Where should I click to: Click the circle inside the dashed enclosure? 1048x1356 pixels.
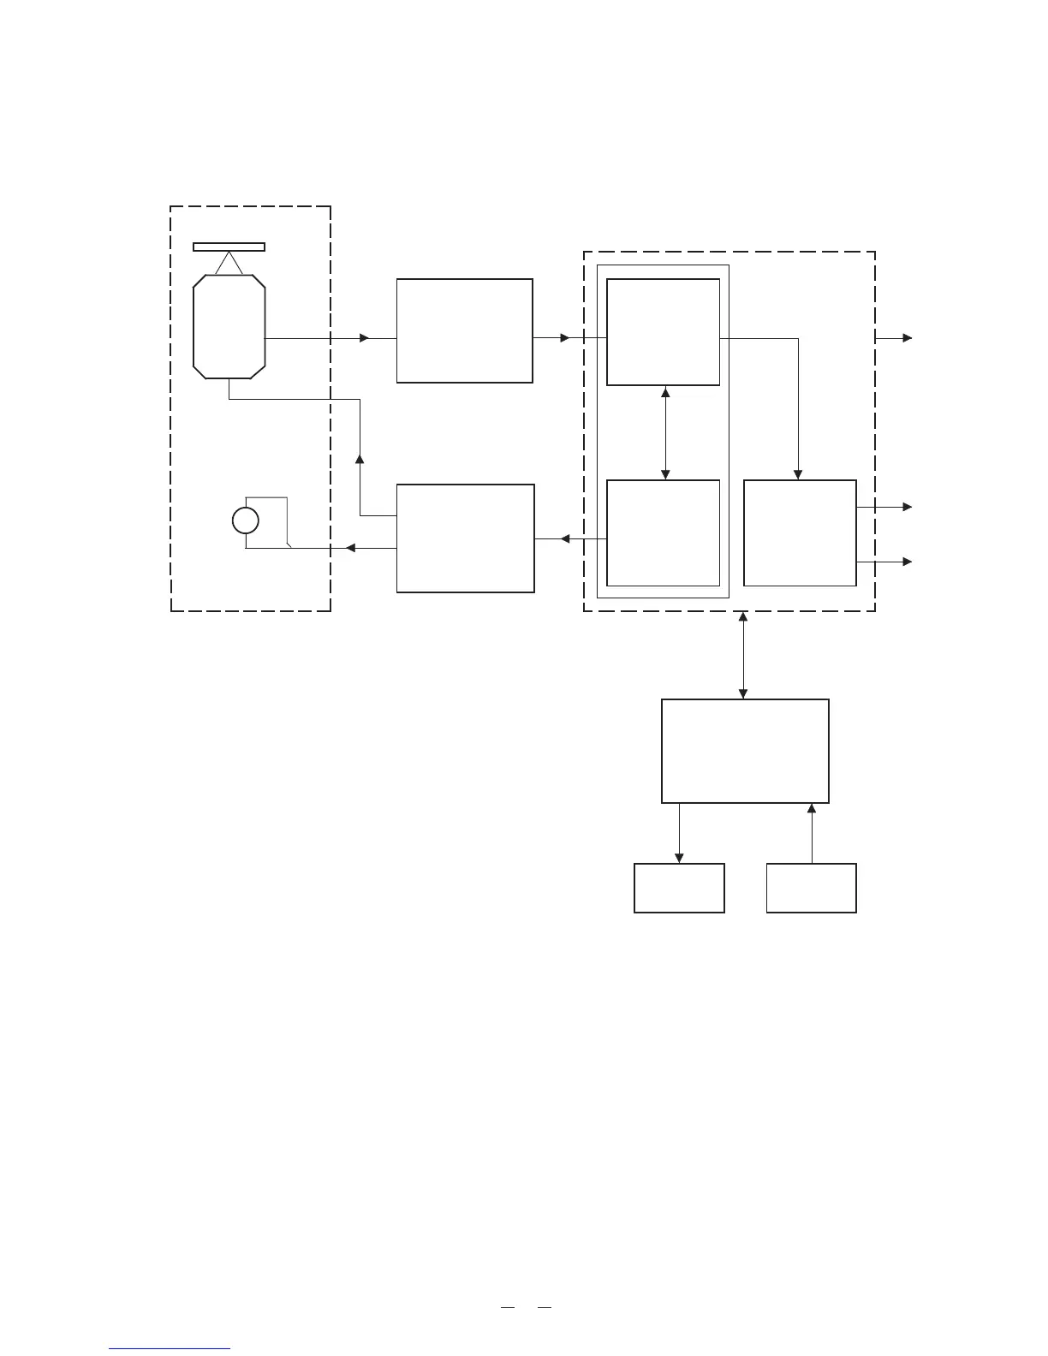[x=246, y=520]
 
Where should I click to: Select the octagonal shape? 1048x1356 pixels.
[x=229, y=326]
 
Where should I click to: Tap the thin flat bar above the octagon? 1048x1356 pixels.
[x=229, y=247]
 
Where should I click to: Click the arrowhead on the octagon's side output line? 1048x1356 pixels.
[x=365, y=338]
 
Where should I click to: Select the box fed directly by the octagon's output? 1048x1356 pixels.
[x=465, y=330]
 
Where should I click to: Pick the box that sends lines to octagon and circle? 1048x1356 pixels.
[x=465, y=538]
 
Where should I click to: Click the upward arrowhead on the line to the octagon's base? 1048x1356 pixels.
[x=360, y=460]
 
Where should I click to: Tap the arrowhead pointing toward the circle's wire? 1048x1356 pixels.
[x=350, y=548]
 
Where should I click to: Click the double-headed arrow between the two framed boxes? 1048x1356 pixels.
[x=665, y=433]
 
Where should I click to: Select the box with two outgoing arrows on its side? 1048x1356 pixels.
[x=800, y=532]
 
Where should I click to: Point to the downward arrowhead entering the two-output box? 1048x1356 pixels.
[x=799, y=474]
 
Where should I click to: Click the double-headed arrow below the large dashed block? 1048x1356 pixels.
[x=742, y=655]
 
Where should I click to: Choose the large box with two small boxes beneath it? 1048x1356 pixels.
[x=745, y=751]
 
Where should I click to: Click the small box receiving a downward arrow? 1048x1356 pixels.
[x=679, y=888]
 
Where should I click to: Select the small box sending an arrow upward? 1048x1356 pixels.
[x=811, y=888]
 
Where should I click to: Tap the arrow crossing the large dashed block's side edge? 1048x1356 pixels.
[x=894, y=338]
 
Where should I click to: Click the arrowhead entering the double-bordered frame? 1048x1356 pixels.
[x=564, y=338]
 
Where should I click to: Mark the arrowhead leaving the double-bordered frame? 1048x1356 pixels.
[x=565, y=538]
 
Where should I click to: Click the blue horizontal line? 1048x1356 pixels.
[x=170, y=1348]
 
